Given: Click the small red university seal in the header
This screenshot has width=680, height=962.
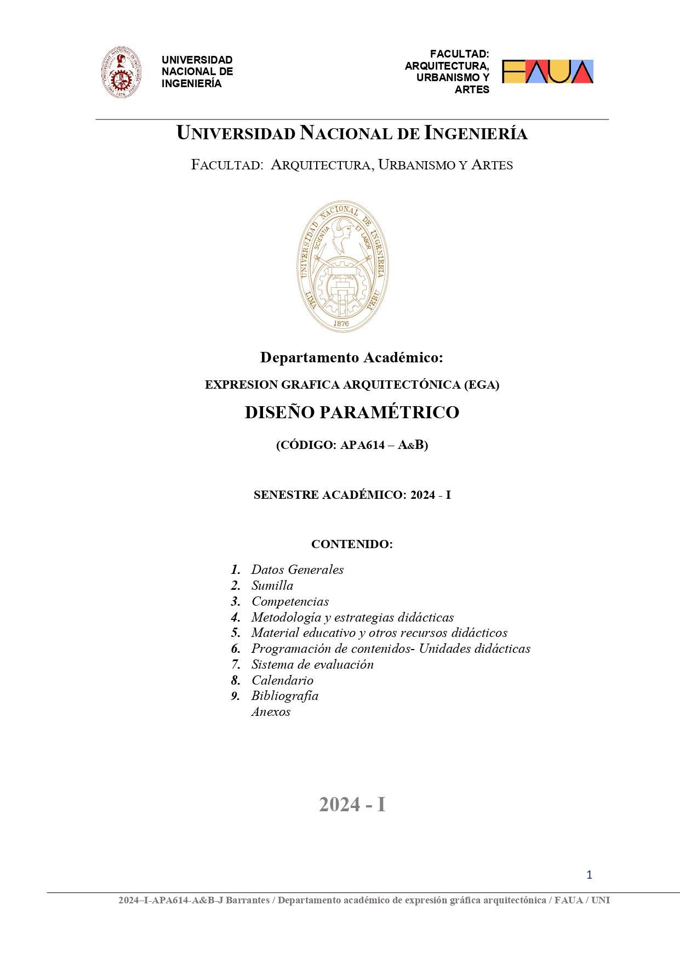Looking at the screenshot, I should [x=121, y=72].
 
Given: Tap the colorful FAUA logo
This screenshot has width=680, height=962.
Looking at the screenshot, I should [x=547, y=72].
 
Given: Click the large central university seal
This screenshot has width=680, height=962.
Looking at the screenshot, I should [x=342, y=266].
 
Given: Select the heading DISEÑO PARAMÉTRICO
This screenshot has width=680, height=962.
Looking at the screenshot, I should [x=352, y=412].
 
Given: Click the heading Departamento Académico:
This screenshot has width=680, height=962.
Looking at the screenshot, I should [x=351, y=357].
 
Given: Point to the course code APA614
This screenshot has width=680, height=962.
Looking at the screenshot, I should [x=362, y=445].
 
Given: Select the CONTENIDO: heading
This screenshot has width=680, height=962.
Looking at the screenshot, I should [x=352, y=544].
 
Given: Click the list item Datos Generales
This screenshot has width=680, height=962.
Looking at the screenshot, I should [x=297, y=570].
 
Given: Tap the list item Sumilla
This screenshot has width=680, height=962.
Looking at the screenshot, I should [x=272, y=585].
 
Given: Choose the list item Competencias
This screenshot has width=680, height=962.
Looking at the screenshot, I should [x=290, y=601].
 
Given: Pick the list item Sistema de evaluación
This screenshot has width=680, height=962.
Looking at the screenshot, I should [x=312, y=664].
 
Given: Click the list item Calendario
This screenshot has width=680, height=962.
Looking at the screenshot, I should [x=282, y=680].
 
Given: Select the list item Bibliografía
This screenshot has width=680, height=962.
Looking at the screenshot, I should [x=284, y=696].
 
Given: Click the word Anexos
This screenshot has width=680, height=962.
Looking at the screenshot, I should [x=271, y=711].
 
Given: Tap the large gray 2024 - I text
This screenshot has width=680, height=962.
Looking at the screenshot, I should [x=352, y=805].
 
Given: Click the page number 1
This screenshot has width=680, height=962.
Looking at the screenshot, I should [x=589, y=875].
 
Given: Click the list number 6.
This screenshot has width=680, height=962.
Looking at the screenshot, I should [x=236, y=649].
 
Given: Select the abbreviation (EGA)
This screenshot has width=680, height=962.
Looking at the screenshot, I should [x=482, y=385].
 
